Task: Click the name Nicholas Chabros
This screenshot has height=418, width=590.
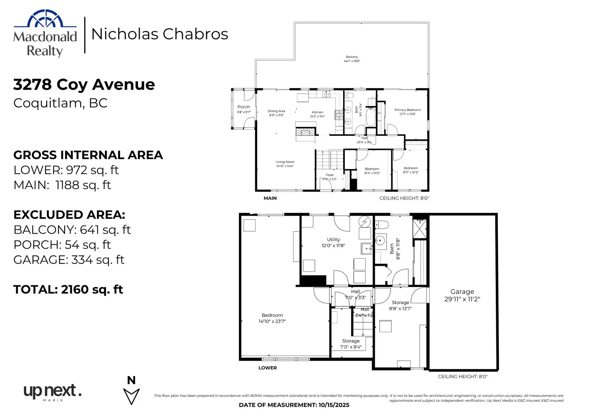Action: [159, 34]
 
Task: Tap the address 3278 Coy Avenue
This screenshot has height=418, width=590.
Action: [84, 84]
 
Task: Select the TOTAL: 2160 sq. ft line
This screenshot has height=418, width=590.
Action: [68, 289]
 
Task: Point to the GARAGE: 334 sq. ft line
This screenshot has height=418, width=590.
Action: [69, 260]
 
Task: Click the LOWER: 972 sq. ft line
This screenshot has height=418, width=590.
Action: [66, 170]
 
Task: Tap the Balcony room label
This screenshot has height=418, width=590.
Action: [352, 59]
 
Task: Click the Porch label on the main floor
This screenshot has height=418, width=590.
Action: [244, 109]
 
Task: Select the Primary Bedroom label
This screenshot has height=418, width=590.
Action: [407, 112]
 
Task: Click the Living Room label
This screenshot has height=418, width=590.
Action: [285, 164]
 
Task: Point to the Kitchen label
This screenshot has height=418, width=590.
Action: [317, 114]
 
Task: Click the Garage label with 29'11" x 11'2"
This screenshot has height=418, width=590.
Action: [462, 295]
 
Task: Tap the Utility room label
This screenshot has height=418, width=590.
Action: [333, 242]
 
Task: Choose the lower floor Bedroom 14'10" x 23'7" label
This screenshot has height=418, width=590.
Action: [272, 318]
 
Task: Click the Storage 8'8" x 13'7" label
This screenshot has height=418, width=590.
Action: [400, 305]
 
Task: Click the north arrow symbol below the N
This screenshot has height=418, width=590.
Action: [131, 396]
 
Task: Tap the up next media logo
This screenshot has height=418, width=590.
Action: [52, 392]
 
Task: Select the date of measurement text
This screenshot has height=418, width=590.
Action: [294, 405]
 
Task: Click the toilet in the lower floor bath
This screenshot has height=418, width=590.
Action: [382, 225]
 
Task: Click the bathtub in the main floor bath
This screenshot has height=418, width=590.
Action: [371, 117]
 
